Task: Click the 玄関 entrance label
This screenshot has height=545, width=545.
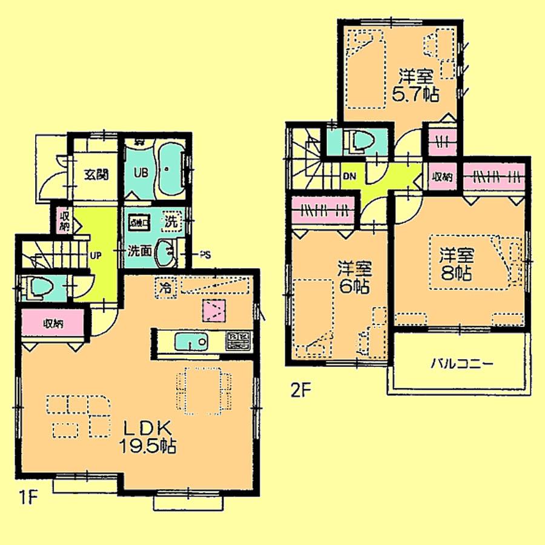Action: tap(95, 176)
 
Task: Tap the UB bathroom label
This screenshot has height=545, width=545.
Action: tap(140, 171)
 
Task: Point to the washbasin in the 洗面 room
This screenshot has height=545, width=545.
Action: tap(165, 253)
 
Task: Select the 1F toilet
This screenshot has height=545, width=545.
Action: tap(36, 288)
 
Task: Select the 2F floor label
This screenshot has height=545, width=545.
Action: tap(300, 391)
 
